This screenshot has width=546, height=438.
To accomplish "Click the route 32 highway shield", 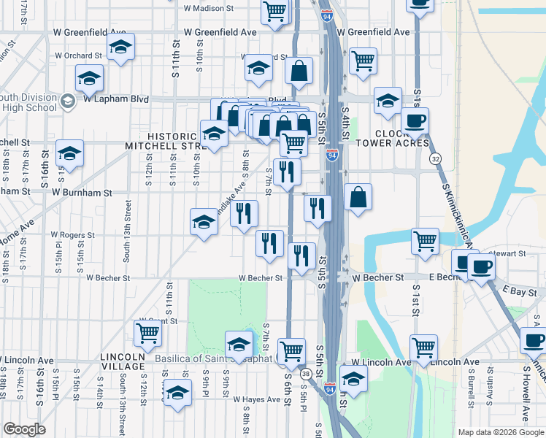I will [x=435, y=158].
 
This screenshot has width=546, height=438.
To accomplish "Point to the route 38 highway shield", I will [x=306, y=374].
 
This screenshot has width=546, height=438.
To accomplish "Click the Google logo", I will [x=24, y=429].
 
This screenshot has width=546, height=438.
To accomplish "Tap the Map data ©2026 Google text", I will [x=500, y=432].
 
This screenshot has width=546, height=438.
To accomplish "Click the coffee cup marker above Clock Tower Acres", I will [x=415, y=120].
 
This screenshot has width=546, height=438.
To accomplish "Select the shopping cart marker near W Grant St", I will [x=148, y=333].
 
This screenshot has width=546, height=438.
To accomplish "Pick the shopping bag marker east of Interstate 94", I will [x=358, y=197].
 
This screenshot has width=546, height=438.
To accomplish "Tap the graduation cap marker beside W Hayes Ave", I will [x=177, y=393].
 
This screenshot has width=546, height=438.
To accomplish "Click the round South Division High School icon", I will [x=68, y=101].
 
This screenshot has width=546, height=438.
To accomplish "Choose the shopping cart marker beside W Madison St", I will [x=274, y=10].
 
